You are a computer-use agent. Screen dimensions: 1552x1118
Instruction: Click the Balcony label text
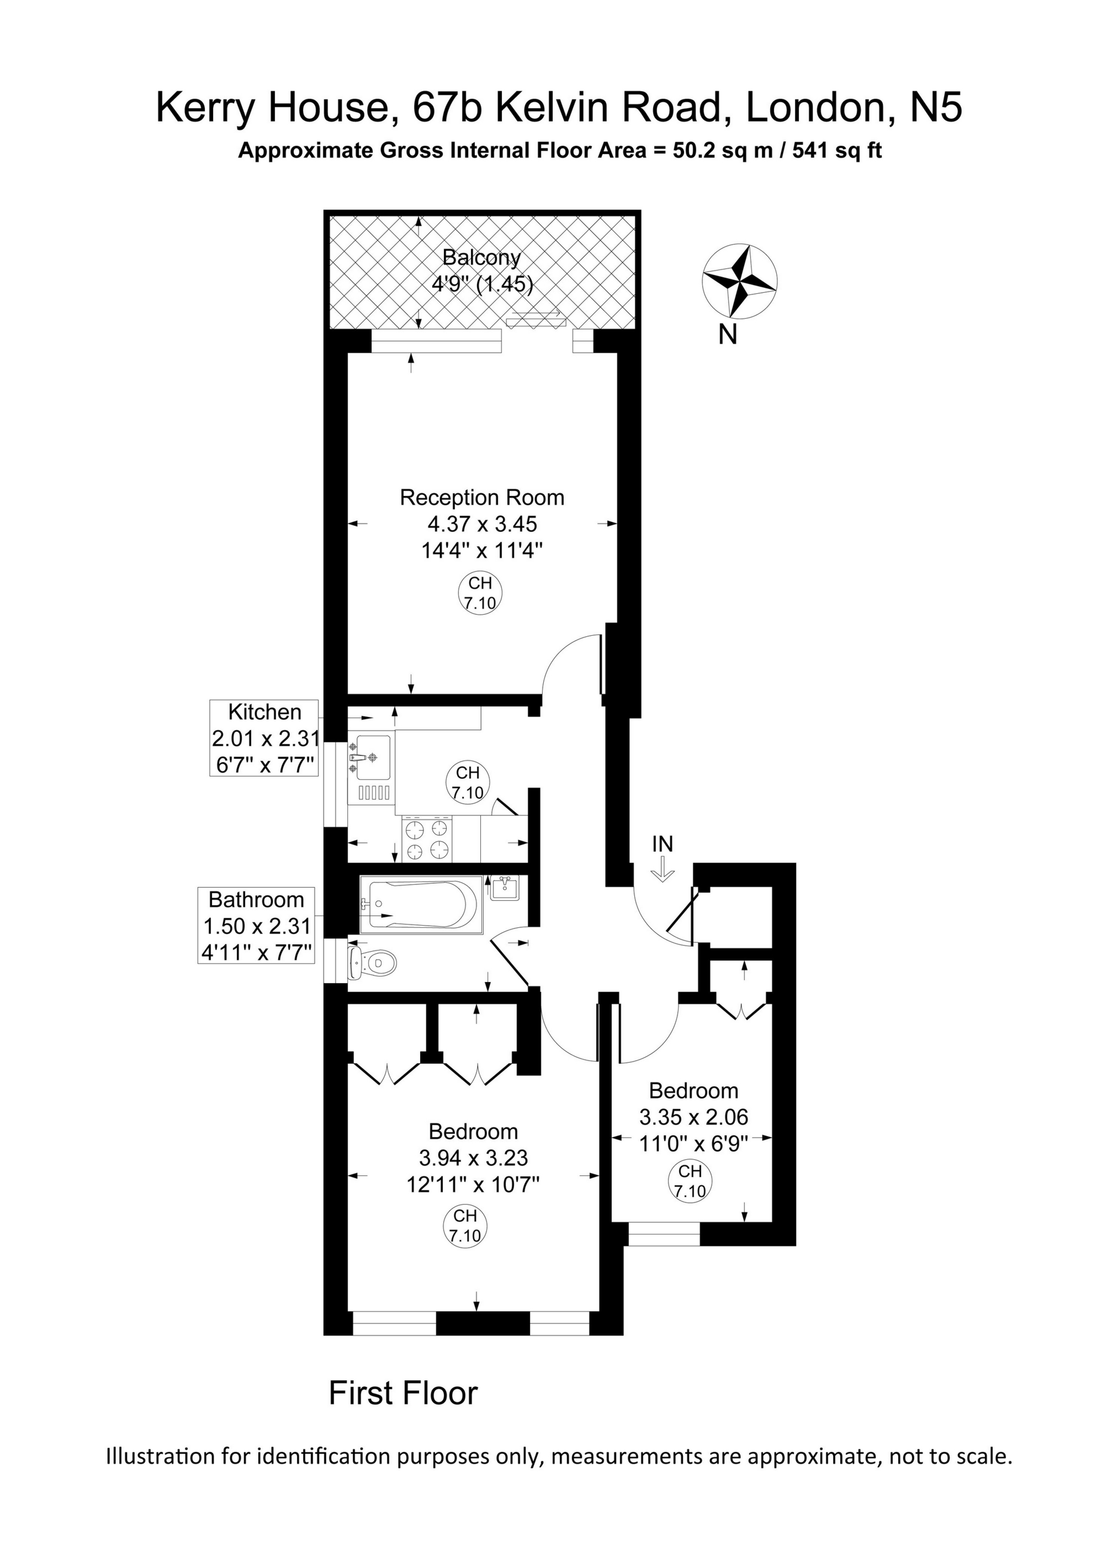(481, 257)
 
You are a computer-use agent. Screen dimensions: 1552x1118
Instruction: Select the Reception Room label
(481, 498)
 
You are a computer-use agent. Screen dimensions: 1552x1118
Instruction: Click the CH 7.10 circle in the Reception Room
(480, 593)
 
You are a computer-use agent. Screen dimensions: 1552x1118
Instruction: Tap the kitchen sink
(370, 758)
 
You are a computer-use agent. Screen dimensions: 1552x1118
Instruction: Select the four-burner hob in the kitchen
(427, 840)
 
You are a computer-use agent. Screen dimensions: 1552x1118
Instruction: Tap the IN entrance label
(663, 844)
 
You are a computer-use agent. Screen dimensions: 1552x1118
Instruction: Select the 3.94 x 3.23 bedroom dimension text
(474, 1158)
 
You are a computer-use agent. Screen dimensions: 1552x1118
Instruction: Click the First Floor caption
(403, 1393)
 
